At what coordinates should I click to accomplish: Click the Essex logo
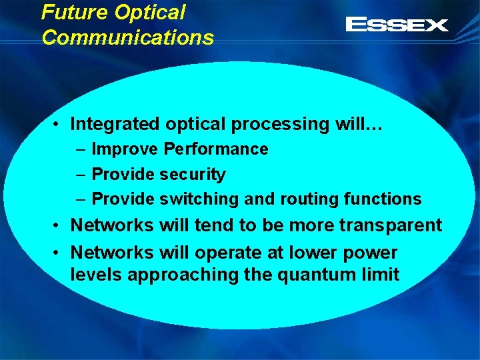pos(397,25)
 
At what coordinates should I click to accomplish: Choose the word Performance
pos(216,149)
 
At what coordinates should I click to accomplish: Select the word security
pos(193,175)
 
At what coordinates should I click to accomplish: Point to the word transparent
pos(391,225)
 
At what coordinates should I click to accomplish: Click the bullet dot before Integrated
pos(59,125)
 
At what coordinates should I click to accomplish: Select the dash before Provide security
pos(80,175)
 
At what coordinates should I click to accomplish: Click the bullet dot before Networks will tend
pos(59,226)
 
